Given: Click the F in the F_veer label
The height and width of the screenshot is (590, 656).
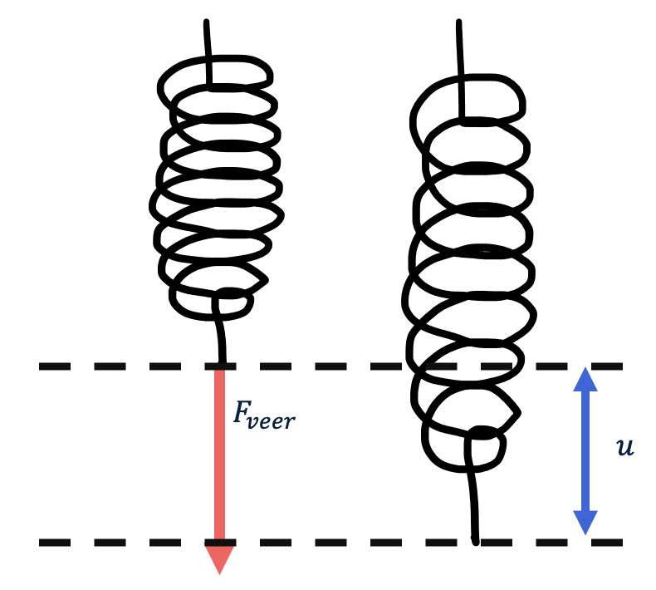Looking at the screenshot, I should pos(242,413).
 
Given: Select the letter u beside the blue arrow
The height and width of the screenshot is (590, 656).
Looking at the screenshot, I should pos(624,447).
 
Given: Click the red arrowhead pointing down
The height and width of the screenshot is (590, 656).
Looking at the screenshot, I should pos(219,558).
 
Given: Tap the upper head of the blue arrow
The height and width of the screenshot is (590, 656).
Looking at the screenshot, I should pos(585,380).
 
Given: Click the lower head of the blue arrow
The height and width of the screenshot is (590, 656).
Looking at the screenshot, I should pos(585,522).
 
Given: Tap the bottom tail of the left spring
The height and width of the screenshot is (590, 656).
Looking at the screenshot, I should pos(220,337).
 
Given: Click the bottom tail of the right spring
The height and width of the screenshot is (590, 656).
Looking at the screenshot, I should pos(473,499).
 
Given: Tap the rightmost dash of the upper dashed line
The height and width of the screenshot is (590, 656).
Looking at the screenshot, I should pos(609,366).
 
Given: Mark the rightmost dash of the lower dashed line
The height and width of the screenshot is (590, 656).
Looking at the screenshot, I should pos(609,543).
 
